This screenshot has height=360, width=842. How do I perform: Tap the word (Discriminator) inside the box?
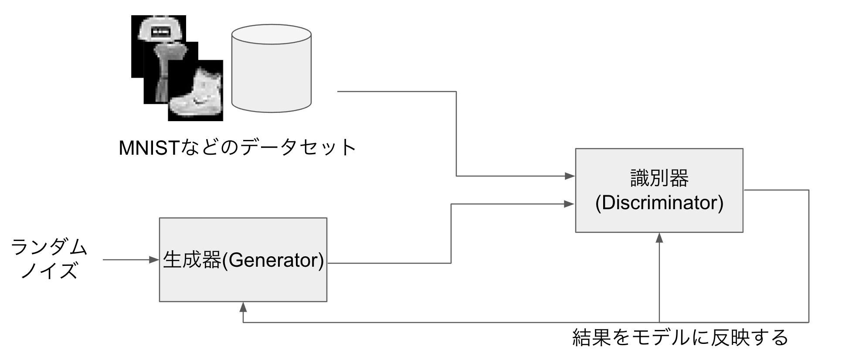point(659,203)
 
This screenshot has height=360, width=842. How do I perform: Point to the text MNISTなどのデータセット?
point(238,148)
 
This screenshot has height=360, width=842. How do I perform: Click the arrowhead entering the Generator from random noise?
point(154,260)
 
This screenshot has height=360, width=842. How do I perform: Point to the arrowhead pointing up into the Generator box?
point(243,307)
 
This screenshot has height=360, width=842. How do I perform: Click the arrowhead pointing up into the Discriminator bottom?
point(659,238)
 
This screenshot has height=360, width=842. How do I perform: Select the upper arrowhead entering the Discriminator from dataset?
point(570,176)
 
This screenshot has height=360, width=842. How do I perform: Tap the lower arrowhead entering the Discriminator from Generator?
point(570,204)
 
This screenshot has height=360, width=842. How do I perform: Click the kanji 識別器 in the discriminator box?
point(659,178)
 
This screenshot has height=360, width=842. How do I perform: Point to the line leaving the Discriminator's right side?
point(776,190)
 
